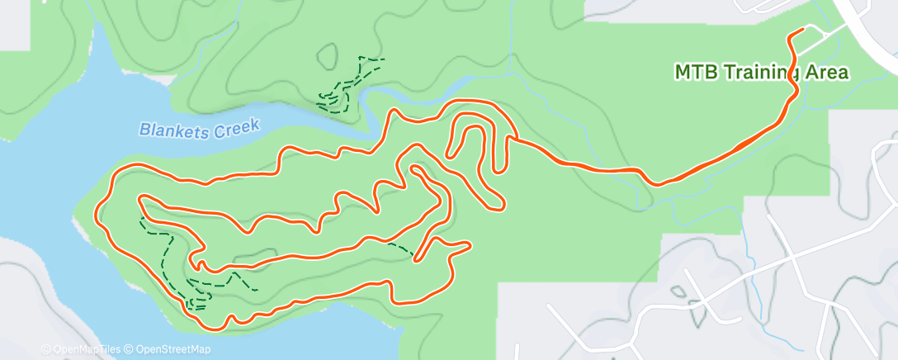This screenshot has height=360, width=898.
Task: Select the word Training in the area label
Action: pos(763,73)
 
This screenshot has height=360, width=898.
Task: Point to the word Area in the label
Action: pos(828,73)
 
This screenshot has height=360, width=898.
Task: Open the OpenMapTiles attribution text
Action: pos(84,350)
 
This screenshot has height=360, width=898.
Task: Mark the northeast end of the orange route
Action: pos(802,31)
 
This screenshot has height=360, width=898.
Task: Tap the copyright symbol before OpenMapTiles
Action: pos(45,350)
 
